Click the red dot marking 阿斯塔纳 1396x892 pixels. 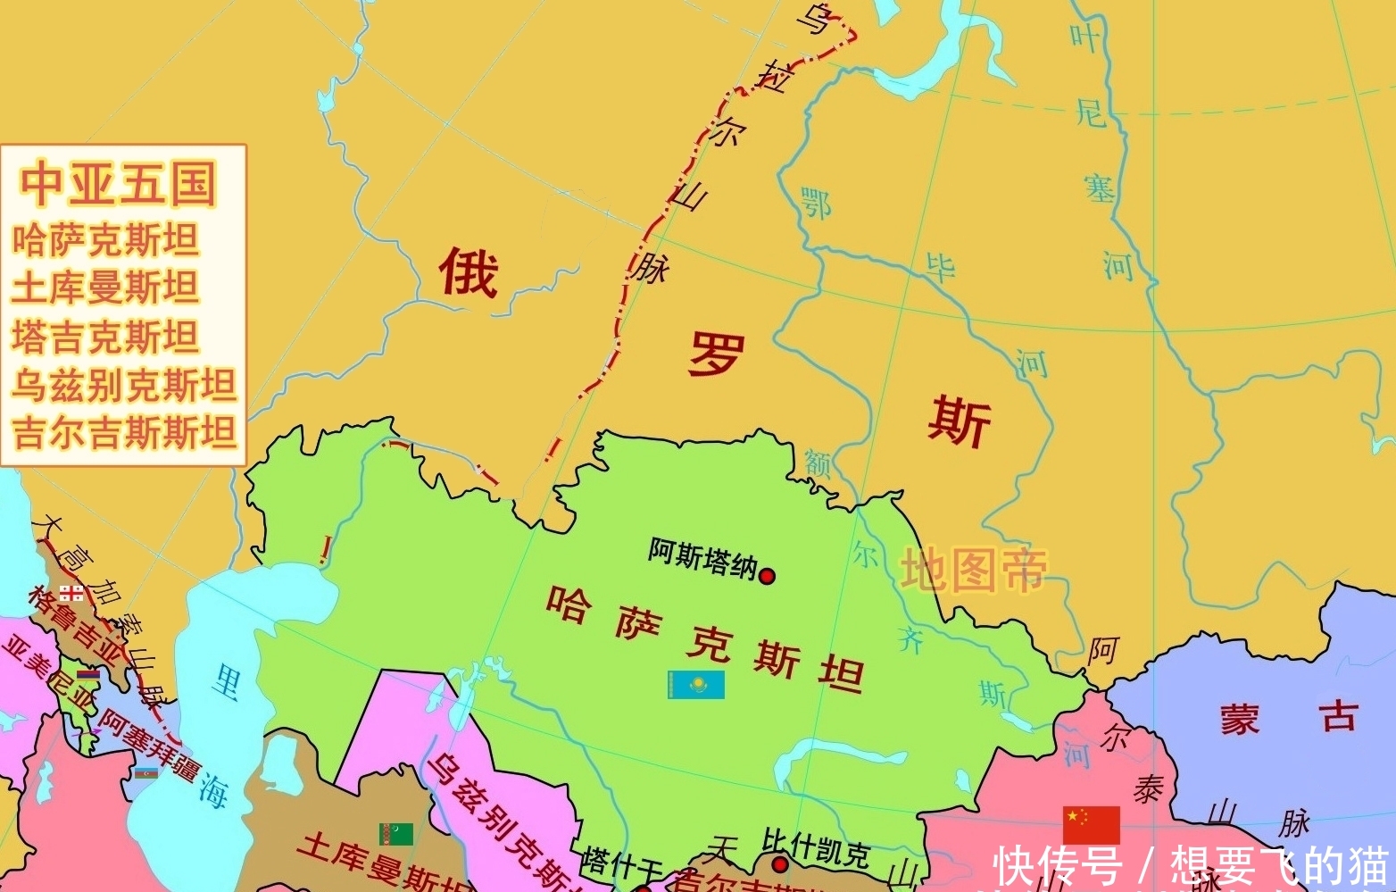[x=766, y=576]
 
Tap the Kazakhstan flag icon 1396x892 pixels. [x=696, y=685]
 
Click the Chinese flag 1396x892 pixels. [x=1091, y=823]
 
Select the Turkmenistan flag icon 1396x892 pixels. [x=396, y=834]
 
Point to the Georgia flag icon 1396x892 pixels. [x=72, y=592]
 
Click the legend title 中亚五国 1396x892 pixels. [x=120, y=182]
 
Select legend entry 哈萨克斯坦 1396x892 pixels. [x=105, y=240]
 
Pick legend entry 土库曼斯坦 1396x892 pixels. [x=105, y=288]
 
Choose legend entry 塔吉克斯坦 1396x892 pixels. [x=105, y=337]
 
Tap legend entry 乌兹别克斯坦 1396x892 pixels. [x=124, y=385]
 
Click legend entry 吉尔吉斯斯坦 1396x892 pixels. [x=124, y=433]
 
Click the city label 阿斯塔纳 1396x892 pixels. [x=702, y=558]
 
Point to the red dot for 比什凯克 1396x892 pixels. [x=780, y=864]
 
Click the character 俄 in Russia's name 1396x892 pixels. [x=467, y=271]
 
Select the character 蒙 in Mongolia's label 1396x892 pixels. [x=1240, y=719]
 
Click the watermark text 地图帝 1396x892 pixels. [x=972, y=571]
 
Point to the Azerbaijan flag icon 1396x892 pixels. [x=146, y=772]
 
